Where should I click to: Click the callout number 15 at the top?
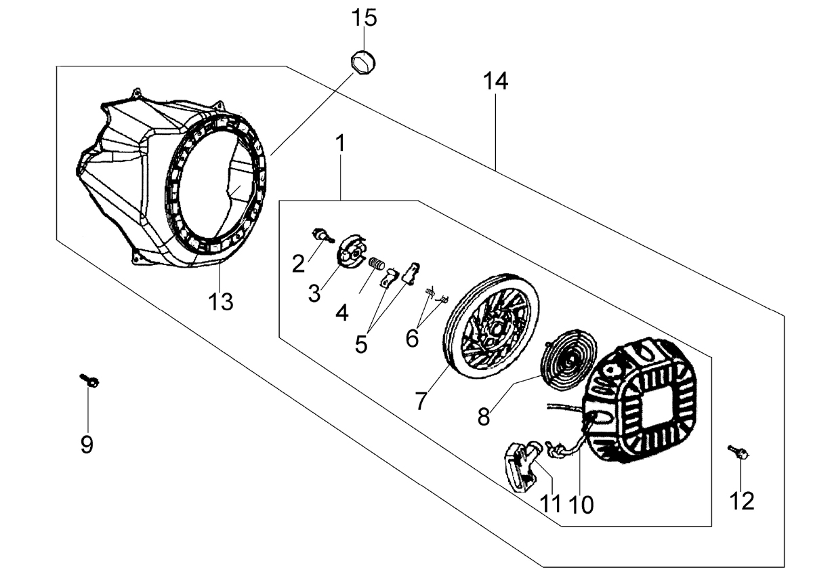click(364, 18)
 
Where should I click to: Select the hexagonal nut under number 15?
click(363, 62)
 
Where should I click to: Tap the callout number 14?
click(495, 81)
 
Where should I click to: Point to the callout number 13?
click(221, 302)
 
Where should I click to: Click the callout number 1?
click(340, 144)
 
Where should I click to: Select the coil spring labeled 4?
click(377, 264)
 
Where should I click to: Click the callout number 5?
click(361, 344)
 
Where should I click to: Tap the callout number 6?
click(413, 339)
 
